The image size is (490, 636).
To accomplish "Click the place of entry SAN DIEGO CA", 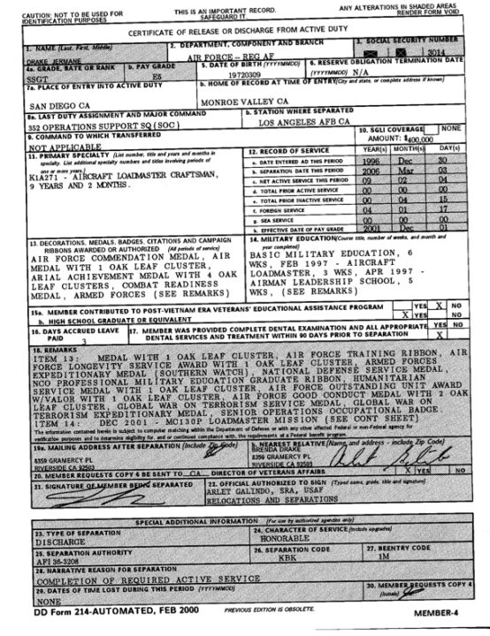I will [44, 104].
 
